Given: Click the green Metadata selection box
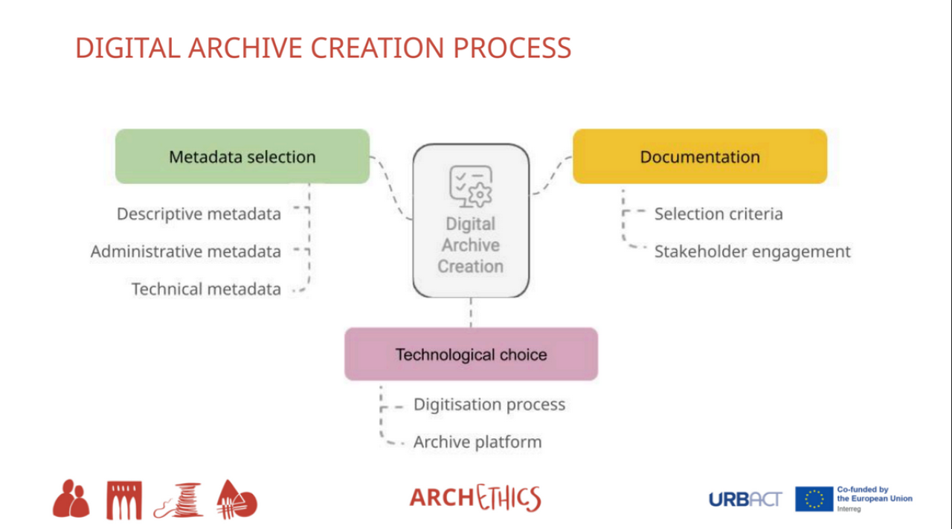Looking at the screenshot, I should pos(242,156).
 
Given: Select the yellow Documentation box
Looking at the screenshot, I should pos(699,156).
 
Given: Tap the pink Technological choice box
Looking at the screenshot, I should pos(471,354).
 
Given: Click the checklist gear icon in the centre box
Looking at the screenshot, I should pos(471,186).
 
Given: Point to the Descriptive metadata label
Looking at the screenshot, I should pos(199,214).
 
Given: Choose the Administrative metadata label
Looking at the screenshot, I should pos(186,251).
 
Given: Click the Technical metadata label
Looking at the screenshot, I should pos(206,289).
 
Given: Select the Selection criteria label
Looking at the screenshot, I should pos(718,214).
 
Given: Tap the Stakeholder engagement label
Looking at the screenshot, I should pos(752,251).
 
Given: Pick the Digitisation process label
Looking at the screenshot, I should pos(489,405).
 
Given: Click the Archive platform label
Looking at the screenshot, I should pos(477,442).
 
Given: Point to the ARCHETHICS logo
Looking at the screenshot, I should pos(475,498).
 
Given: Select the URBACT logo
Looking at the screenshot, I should pos(745,499).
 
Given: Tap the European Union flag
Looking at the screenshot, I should pos(814,499).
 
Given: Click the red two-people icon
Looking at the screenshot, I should pos(71,499).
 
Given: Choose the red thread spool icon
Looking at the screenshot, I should pos(179,501).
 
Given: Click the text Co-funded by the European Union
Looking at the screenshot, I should pos(874,495).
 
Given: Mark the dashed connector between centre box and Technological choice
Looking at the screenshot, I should pos(471,312).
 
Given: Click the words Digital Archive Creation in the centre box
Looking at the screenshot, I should pos(471,245).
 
